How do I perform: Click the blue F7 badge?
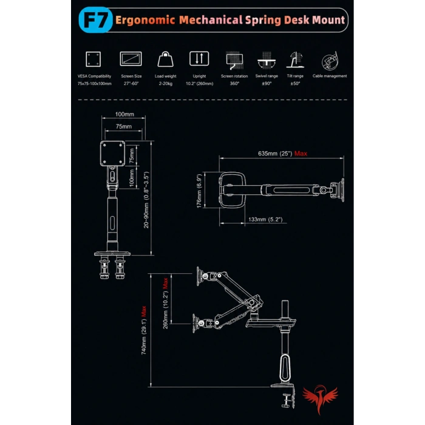95,20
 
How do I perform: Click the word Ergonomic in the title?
145,20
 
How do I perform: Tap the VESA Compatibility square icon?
93,59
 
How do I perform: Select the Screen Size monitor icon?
131,59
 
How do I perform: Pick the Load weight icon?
165,59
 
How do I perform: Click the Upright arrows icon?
199,58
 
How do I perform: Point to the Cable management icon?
330,61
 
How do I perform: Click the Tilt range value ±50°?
295,84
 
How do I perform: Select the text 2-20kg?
165,84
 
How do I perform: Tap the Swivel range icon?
267,60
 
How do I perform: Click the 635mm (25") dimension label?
275,154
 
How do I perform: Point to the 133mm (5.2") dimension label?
265,219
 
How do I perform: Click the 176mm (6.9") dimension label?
199,191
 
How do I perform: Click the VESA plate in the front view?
112,153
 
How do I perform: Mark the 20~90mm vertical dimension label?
146,200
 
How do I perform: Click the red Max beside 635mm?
301,154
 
